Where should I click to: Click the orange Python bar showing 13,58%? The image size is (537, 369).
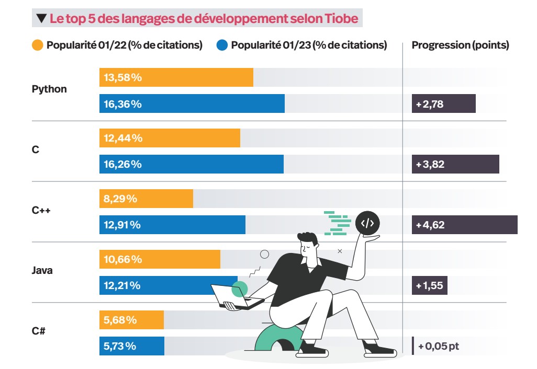point(176,77)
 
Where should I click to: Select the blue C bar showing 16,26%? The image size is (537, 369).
point(191,164)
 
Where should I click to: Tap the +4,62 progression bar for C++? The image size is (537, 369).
point(464,225)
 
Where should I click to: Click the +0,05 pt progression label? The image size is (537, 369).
point(439,346)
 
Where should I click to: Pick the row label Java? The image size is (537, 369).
point(42,271)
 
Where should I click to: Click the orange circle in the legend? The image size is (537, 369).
point(38,45)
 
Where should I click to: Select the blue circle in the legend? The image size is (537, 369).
point(222,45)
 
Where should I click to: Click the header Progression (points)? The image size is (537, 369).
point(460,45)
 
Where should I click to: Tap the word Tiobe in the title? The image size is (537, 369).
point(341,19)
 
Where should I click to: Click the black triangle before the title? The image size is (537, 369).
point(41,20)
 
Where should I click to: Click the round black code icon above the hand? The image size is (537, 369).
point(367,223)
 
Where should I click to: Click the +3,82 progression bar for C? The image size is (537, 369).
point(455,164)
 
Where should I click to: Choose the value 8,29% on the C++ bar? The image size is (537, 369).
point(120,199)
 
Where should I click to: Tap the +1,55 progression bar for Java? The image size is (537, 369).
point(429,285)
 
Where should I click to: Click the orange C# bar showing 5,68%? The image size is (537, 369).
point(131,320)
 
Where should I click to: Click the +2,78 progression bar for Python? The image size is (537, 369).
point(443,103)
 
